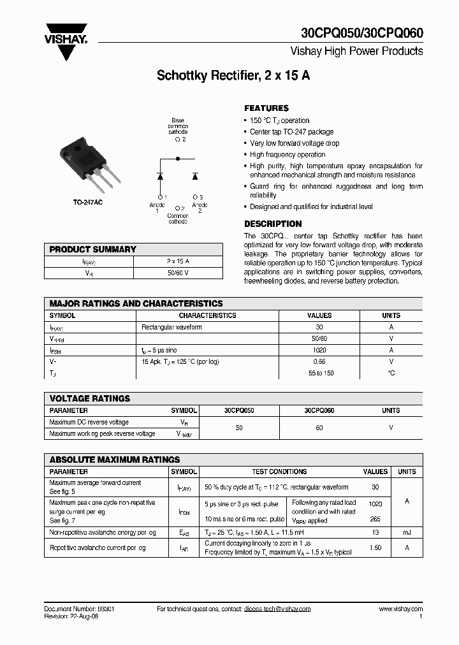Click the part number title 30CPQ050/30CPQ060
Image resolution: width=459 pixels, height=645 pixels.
coord(361,34)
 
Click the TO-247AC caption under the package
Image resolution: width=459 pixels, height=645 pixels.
coord(87,203)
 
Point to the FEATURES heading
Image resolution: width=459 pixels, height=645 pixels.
coord(266,108)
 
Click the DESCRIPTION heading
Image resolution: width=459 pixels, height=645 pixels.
coord(273,224)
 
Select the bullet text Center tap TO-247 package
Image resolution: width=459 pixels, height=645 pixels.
coord(291,132)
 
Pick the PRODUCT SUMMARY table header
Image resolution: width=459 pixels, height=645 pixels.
coord(93,249)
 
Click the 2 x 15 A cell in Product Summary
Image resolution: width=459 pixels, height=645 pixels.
coord(178,261)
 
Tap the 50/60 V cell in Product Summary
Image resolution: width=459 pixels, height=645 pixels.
coord(178,273)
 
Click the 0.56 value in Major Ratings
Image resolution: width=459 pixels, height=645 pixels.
coord(319,361)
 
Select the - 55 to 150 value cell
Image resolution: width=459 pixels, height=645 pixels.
coord(319,373)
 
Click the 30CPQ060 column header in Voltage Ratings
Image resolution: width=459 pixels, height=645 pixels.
coord(319,411)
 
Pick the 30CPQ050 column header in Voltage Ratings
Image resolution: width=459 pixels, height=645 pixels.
coord(239,411)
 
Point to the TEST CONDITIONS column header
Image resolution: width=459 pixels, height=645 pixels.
coord(279,472)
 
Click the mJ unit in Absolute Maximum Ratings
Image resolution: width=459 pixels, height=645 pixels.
coord(407,532)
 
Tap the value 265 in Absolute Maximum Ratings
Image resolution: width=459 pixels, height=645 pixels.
coord(375,520)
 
